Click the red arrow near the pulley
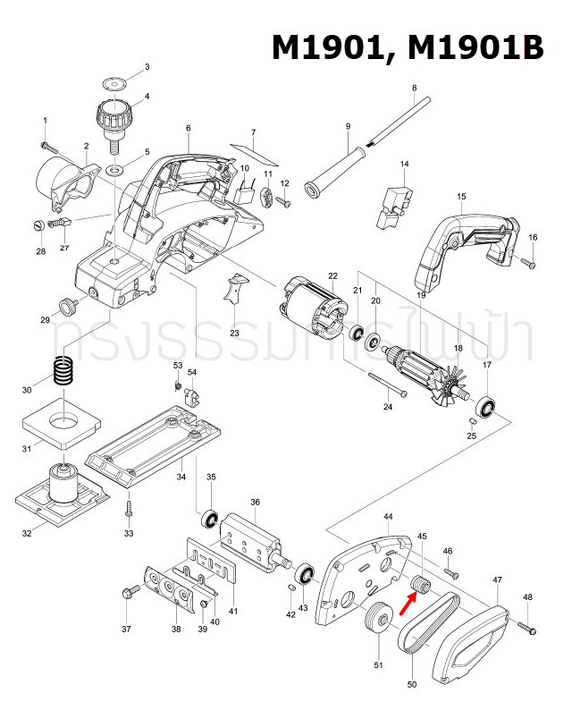pyautogui.click(x=404, y=606)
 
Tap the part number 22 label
pyautogui.click(x=332, y=275)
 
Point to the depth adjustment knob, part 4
pyautogui.click(x=114, y=117)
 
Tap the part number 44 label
pyautogui.click(x=388, y=517)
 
